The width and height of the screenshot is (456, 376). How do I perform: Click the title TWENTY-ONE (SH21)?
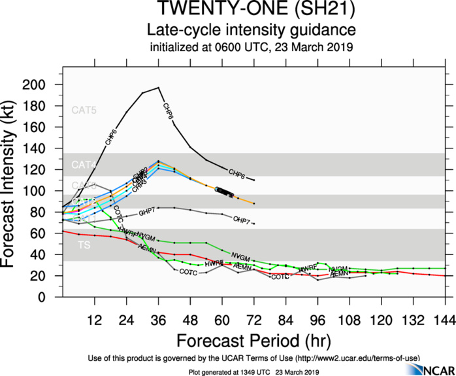251,10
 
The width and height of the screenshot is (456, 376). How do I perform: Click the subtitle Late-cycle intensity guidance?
251,30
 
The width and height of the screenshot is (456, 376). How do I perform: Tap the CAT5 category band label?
84,110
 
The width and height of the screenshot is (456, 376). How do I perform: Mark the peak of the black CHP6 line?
159,88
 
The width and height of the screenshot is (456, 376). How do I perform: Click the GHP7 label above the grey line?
148,214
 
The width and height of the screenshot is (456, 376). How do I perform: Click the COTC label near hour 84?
280,277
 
